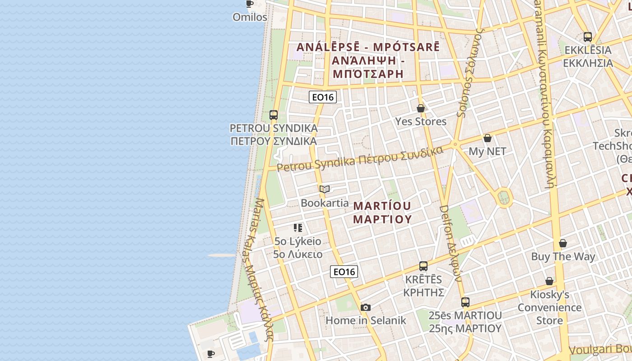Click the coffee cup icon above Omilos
[249, 4]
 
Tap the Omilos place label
[250, 17]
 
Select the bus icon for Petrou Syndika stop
[274, 115]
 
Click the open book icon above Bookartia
[325, 190]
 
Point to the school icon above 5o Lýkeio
[297, 227]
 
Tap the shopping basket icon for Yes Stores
[421, 108]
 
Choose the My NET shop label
[488, 151]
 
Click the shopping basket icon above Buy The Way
[563, 243]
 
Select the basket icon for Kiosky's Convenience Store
[549, 281]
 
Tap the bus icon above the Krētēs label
[423, 266]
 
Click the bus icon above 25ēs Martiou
[465, 302]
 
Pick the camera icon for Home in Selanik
[366, 308]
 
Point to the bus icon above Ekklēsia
[588, 37]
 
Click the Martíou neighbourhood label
[382, 213]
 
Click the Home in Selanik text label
[366, 320]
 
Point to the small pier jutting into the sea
[222, 255]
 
